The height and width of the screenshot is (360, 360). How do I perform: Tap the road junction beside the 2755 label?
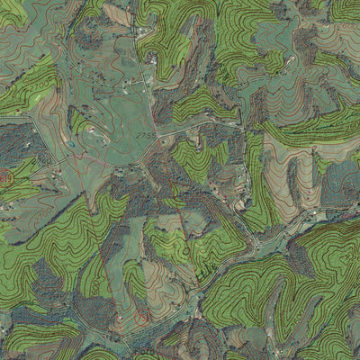point(157,138)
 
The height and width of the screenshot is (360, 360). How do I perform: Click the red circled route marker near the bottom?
point(141,317)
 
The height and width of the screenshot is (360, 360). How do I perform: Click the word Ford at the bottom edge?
point(144,354)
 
